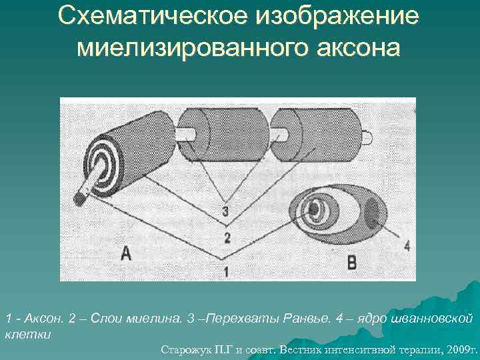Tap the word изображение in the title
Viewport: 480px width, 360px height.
(x=357, y=19)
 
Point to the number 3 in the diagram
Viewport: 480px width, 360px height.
(x=226, y=213)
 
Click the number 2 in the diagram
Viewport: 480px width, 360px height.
(x=227, y=238)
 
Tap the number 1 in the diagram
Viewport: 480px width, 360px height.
(x=226, y=271)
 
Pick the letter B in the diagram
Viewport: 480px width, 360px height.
(x=351, y=263)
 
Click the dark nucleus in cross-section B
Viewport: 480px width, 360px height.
(x=373, y=214)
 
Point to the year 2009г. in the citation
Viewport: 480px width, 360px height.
(x=460, y=349)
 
